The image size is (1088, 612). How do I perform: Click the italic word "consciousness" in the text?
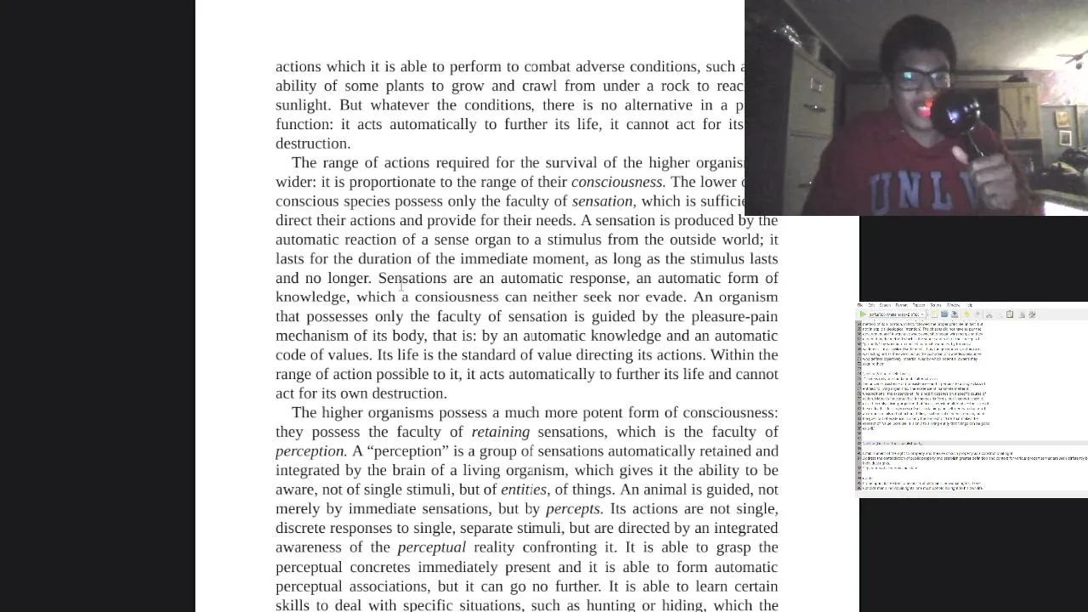coord(617,182)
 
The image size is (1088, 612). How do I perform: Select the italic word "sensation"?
coord(602,201)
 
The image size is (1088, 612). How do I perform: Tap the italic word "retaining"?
coord(500,432)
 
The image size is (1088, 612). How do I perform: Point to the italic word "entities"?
coord(524,490)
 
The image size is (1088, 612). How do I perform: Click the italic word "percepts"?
coord(574,509)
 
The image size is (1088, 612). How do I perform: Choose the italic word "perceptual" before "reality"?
coord(431,547)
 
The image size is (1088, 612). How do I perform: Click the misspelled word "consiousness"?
coord(456,297)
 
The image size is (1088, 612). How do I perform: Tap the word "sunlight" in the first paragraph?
coord(303,105)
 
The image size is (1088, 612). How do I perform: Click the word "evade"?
coord(664,297)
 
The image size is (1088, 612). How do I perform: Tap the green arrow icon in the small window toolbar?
coord(863,314)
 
